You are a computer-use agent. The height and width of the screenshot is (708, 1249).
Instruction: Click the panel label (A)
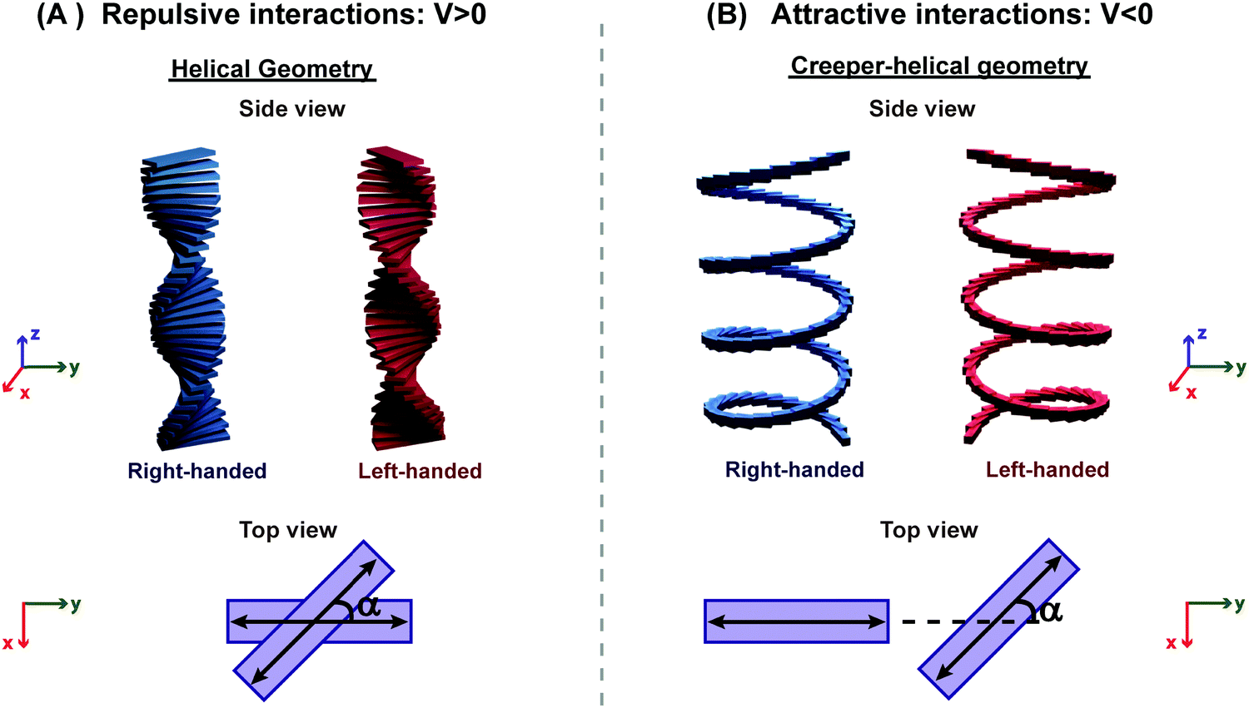(60, 15)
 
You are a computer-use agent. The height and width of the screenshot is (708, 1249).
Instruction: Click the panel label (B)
(727, 15)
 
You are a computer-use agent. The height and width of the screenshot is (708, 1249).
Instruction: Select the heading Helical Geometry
(272, 68)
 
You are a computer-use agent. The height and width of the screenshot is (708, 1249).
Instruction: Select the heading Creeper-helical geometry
(939, 66)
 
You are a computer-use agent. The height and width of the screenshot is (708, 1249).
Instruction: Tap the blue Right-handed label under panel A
(197, 471)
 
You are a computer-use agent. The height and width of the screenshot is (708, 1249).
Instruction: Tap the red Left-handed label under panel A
(420, 471)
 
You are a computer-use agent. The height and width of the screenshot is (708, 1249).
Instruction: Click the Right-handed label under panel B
(794, 470)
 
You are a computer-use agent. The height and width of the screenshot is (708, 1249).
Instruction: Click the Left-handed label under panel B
(1047, 470)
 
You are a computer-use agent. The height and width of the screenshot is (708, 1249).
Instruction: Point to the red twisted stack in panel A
(402, 300)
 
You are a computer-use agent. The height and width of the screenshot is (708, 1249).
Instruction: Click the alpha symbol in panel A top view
(369, 607)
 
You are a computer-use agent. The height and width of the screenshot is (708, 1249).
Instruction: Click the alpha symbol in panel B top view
(1051, 611)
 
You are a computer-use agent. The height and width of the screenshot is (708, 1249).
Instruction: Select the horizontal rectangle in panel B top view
(796, 621)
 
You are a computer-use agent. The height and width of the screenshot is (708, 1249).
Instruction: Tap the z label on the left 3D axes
(35, 334)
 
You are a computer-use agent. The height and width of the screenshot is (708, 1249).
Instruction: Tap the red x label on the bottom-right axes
(1171, 643)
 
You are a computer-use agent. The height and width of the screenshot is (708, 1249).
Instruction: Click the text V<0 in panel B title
(1125, 15)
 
